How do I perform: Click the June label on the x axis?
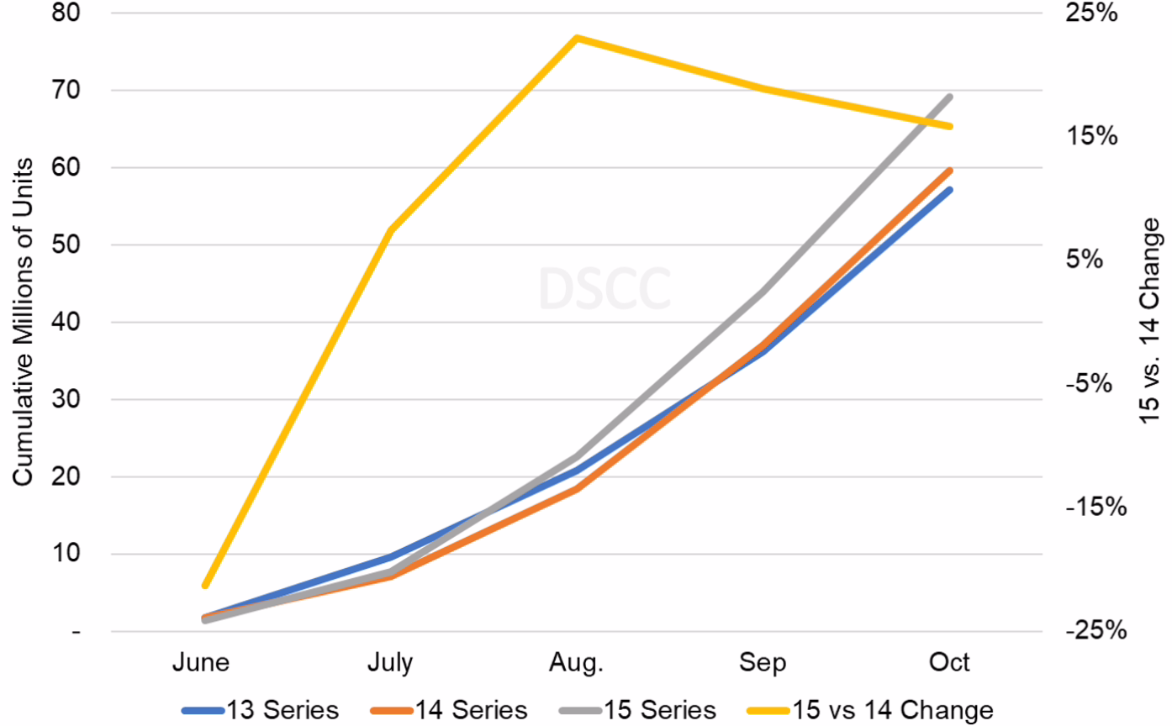coord(201,662)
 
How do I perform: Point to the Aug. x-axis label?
coord(576,662)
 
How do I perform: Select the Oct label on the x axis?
coord(950,662)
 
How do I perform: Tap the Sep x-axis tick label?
coord(763,662)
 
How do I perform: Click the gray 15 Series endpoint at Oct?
coord(950,97)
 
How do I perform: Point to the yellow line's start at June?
coord(204,586)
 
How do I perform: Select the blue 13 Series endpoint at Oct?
coord(950,190)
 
